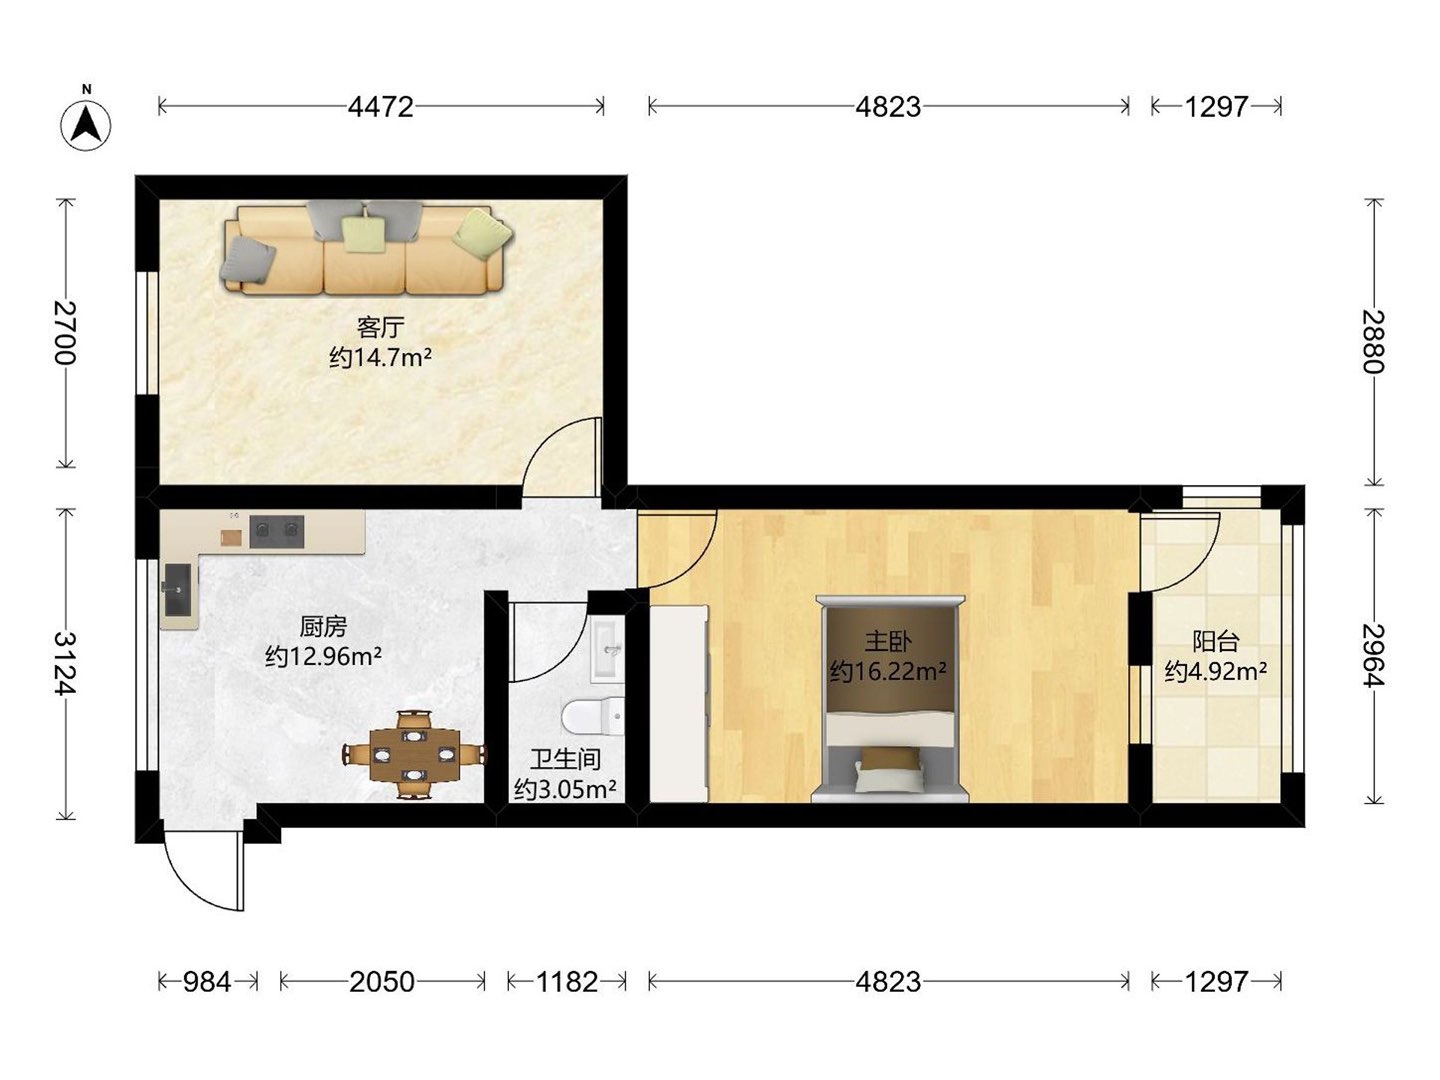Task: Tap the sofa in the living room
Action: point(367,249)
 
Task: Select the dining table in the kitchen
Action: point(414,755)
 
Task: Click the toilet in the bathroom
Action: point(594,716)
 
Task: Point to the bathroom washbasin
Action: point(608,650)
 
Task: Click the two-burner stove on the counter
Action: point(277,531)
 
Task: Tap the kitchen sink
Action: point(178,590)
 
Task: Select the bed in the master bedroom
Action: point(890,699)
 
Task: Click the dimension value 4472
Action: point(381,107)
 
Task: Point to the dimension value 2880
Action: point(1373,342)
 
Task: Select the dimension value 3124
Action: point(66,663)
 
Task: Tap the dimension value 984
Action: point(207,982)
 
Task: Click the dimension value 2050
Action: point(382,982)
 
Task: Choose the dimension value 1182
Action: point(567,982)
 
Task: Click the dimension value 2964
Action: point(1373,655)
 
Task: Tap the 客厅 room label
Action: point(381,327)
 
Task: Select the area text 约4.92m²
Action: point(1216,671)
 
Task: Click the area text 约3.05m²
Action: point(565,790)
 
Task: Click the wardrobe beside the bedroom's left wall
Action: point(679,704)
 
